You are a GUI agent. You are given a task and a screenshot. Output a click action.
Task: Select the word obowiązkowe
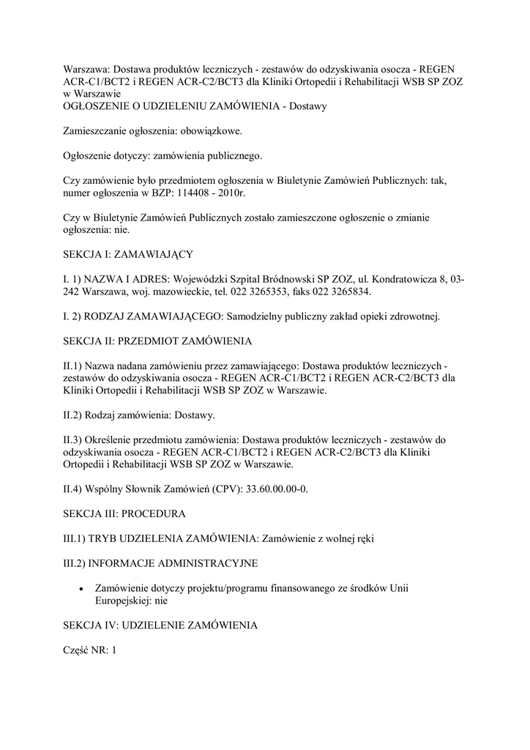207,132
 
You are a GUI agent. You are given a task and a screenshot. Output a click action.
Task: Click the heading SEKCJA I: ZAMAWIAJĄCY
128,254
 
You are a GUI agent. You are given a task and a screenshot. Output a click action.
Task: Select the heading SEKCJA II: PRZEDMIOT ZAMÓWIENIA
157,341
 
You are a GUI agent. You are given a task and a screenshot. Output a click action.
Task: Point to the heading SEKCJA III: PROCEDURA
124,513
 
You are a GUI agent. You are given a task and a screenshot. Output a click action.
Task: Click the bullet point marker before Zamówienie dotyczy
81,588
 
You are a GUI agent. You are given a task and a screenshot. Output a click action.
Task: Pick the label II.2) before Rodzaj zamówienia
73,415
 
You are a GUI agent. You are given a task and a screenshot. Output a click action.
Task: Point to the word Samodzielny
259,316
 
